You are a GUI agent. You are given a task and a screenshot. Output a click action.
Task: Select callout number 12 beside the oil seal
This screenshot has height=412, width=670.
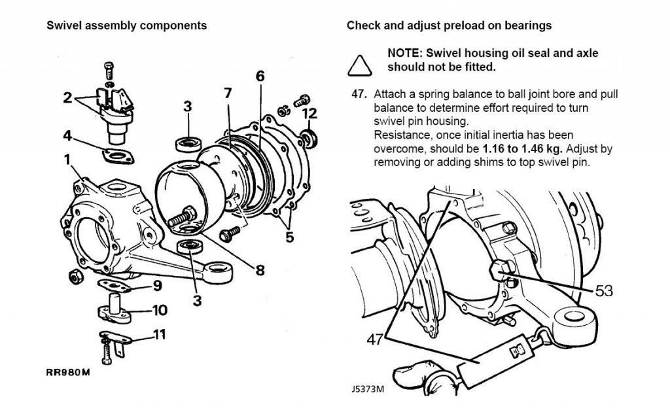pyautogui.click(x=309, y=114)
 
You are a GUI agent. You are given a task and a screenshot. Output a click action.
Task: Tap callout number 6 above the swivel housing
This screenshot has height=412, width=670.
pyautogui.click(x=260, y=76)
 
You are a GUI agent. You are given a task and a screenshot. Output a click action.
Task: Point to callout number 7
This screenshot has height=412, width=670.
pyautogui.click(x=228, y=93)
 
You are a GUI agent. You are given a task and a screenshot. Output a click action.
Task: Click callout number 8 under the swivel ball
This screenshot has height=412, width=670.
pyautogui.click(x=260, y=269)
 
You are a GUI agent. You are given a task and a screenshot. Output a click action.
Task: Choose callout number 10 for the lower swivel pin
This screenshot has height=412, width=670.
pyautogui.click(x=160, y=309)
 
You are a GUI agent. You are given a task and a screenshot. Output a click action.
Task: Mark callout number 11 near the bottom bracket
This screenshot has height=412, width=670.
pyautogui.click(x=160, y=335)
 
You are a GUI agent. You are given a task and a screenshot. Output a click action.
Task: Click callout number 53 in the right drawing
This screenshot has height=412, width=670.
pyautogui.click(x=604, y=290)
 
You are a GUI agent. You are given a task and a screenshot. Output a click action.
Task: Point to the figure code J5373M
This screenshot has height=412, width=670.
pyautogui.click(x=366, y=388)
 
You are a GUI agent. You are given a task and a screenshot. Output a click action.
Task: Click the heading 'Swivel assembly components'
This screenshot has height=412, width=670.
pyautogui.click(x=127, y=26)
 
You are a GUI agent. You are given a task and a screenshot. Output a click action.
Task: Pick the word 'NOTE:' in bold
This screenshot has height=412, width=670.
pyautogui.click(x=406, y=53)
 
